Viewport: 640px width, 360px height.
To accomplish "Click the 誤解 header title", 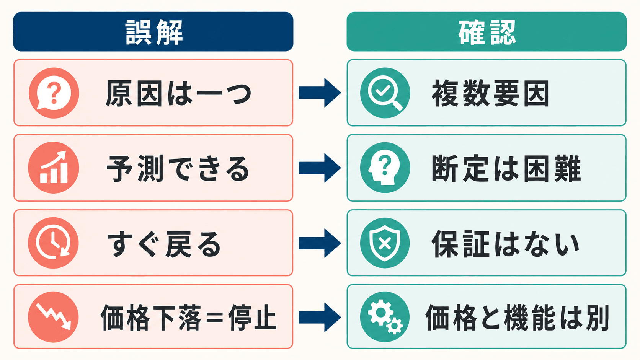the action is [154, 32].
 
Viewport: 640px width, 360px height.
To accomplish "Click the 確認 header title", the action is [487, 32].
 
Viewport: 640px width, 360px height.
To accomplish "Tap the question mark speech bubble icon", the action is [54, 93].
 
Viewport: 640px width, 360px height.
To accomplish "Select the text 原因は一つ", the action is [179, 93].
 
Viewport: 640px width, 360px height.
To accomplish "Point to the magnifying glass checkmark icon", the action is [385, 93].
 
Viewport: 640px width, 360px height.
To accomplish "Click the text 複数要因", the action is [490, 93].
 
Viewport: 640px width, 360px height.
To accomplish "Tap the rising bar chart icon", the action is [54, 168].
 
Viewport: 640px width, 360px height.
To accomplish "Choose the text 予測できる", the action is [178, 168].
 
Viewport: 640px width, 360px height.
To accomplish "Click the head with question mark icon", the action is [385, 168].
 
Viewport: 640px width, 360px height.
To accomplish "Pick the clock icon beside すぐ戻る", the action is [54, 243].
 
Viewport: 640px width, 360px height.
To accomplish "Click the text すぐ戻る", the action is [164, 244].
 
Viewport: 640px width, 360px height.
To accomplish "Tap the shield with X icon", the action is [385, 243].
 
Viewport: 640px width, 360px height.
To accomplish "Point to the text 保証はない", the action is [506, 244].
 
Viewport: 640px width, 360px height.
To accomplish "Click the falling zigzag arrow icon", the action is [54, 317].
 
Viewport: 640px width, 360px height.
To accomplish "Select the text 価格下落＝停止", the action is [189, 318].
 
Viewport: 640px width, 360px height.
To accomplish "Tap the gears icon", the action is [385, 317].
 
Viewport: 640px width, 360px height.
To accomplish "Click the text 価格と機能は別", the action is [518, 318].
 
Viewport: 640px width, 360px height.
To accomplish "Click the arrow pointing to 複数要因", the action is [320, 93].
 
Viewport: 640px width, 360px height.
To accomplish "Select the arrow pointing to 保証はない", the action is [320, 243].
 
